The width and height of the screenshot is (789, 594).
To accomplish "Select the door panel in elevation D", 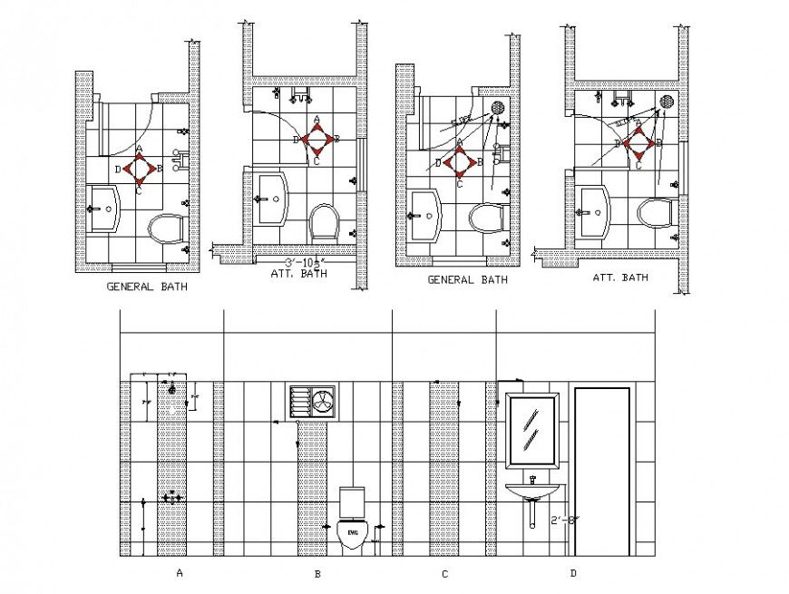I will pyautogui.click(x=601, y=471).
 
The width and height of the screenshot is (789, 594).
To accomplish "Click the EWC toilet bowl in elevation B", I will pyautogui.click(x=352, y=531).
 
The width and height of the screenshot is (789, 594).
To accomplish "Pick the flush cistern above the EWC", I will pyautogui.click(x=352, y=501).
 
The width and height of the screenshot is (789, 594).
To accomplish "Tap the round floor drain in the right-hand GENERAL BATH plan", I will pyautogui.click(x=497, y=107).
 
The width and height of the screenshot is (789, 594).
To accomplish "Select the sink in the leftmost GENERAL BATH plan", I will pyautogui.click(x=105, y=209).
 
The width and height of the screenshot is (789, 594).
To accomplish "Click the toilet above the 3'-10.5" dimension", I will pyautogui.click(x=324, y=221).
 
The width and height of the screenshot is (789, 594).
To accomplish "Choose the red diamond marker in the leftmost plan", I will pyautogui.click(x=139, y=168).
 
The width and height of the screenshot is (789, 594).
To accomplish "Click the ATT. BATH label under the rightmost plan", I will pyautogui.click(x=620, y=278).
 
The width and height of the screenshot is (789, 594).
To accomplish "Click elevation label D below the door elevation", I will pyautogui.click(x=572, y=573).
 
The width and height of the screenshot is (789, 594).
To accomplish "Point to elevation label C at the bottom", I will pyautogui.click(x=444, y=574).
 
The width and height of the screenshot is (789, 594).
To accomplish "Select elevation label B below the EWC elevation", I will pyautogui.click(x=317, y=574).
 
